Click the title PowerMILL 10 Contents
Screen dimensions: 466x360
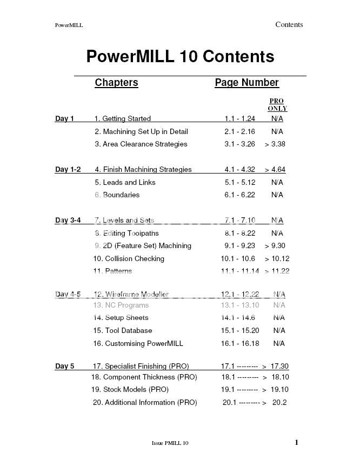point(180,57)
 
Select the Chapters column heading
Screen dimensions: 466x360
point(116,83)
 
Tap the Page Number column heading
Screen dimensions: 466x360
point(246,83)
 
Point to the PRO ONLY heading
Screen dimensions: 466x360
point(277,105)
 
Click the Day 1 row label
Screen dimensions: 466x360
point(64,119)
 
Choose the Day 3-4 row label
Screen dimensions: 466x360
point(68,221)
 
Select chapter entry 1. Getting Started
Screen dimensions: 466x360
point(123,119)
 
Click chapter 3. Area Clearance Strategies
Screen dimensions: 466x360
point(141,144)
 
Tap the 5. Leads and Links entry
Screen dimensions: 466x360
point(125,183)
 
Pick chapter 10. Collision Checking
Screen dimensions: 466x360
point(129,259)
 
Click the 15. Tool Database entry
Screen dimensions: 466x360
point(123,331)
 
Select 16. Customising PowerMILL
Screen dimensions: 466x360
point(138,344)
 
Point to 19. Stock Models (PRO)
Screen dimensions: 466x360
point(130,390)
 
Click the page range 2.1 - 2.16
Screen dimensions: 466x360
point(239,132)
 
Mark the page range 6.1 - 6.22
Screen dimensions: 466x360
point(239,195)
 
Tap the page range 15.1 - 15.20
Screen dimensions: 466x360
point(239,331)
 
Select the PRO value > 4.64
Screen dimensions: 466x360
point(275,170)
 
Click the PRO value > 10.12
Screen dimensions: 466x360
point(277,259)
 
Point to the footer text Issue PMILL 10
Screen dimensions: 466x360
point(170,443)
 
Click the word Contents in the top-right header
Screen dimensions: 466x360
point(289,24)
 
